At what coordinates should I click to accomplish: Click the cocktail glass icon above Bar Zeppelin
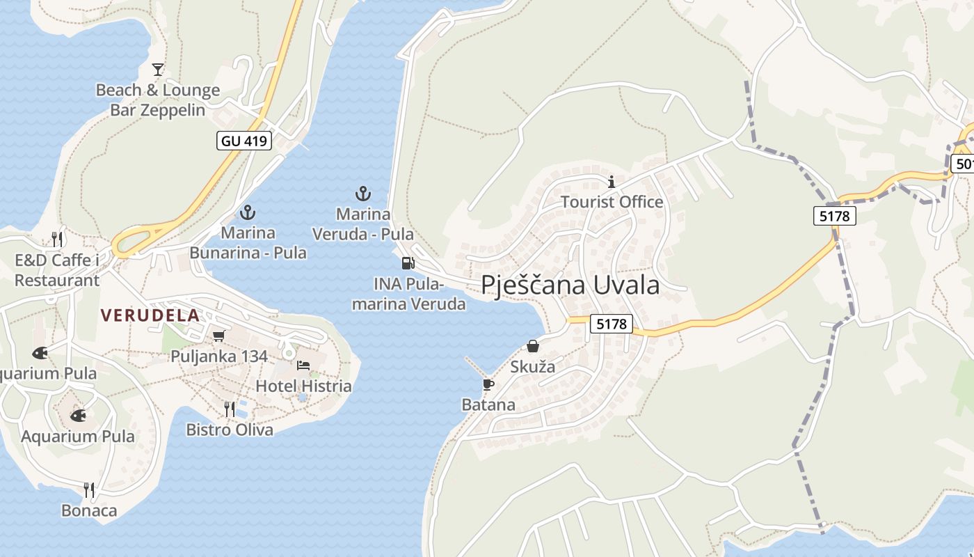click(158, 69)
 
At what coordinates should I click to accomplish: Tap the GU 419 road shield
click(243, 141)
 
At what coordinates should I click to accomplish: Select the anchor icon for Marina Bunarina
click(248, 212)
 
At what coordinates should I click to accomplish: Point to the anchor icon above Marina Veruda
click(362, 194)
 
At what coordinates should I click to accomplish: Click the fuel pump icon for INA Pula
click(408, 263)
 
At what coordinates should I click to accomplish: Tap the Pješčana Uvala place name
click(570, 285)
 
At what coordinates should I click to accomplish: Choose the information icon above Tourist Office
click(612, 182)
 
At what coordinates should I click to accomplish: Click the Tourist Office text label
click(612, 202)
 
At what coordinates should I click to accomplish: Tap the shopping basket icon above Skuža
click(533, 345)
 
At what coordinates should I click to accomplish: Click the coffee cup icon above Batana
click(488, 384)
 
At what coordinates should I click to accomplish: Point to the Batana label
click(488, 405)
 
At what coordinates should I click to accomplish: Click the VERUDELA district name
click(150, 315)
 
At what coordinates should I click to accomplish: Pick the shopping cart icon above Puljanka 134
click(219, 336)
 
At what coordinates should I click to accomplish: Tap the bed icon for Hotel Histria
click(303, 365)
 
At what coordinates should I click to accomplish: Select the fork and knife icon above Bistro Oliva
click(230, 409)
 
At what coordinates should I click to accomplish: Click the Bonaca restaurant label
click(89, 510)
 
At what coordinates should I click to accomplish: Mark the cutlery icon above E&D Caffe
click(57, 240)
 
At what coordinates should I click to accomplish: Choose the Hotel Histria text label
click(303, 386)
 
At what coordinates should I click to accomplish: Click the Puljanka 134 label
click(219, 356)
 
